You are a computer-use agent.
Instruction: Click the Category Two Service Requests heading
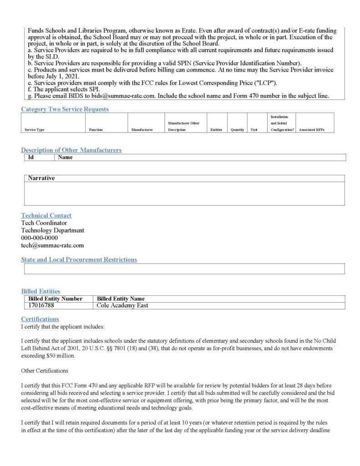[x=65, y=109]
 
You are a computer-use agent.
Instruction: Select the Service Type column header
[x=35, y=130]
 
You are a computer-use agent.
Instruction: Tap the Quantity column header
[x=237, y=130]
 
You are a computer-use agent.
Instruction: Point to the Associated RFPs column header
[x=311, y=130]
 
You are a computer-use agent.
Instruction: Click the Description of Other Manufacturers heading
[x=71, y=150]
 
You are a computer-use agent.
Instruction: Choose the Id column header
[x=31, y=157]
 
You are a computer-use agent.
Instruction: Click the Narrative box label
[x=41, y=178]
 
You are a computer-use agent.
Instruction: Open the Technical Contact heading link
[x=46, y=215]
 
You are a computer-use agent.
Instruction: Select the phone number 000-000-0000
[x=40, y=238]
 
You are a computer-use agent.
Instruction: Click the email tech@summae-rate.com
[x=52, y=245]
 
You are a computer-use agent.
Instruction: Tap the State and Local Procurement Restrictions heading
[x=79, y=259]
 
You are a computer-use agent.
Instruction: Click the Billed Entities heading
[x=41, y=291]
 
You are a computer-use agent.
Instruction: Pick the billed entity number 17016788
[x=41, y=305]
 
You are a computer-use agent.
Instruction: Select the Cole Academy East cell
[x=122, y=305]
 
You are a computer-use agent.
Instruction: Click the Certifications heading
[x=40, y=319]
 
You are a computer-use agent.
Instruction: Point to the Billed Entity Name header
[x=121, y=299]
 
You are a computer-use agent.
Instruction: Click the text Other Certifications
[x=45, y=370]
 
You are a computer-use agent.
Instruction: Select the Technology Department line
[x=52, y=230]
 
